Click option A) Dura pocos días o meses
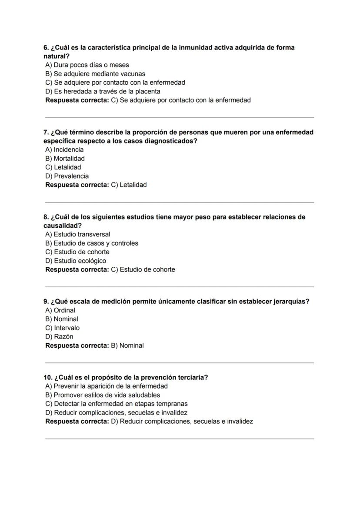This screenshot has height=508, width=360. [87, 65]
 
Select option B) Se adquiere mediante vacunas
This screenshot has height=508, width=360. [95, 74]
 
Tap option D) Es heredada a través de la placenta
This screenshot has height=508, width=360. [103, 91]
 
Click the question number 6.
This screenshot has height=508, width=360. [46, 47]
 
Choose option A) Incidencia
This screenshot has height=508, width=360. [64, 149]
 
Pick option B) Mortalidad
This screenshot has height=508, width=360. [65, 159]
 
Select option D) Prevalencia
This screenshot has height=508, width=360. [67, 176]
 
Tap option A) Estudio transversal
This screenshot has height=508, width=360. [78, 234]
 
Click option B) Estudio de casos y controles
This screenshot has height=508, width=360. [92, 243]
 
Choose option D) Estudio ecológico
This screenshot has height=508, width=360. [76, 261]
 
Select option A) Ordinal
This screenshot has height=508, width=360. [60, 310]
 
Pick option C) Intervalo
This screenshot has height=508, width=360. [63, 328]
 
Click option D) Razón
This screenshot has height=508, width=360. [59, 337]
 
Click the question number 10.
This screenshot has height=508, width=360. [48, 377]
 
